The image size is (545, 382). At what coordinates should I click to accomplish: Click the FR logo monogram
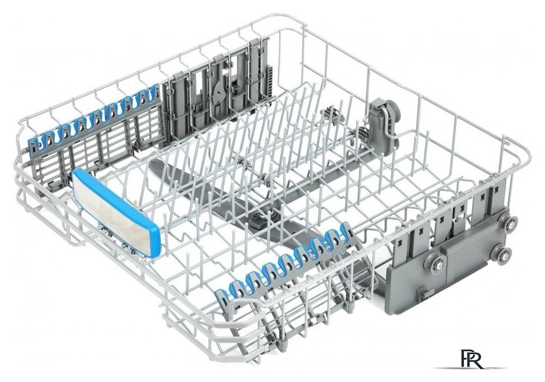point(471,359)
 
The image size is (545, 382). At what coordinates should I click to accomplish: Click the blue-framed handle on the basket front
point(115,212)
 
